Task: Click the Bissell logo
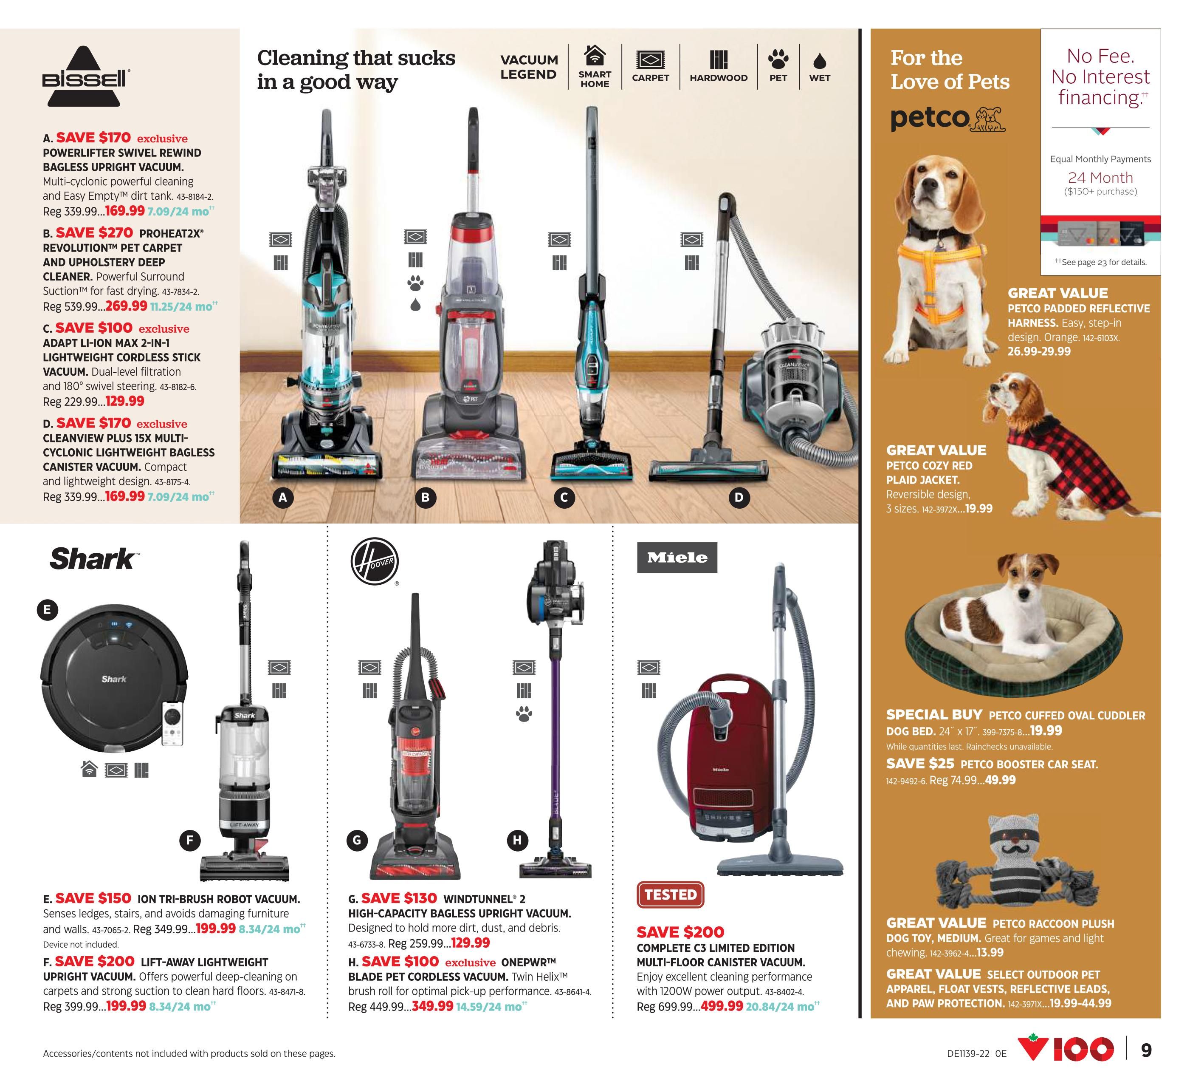click(85, 76)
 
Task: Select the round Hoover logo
click(375, 561)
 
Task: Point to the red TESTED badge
click(670, 895)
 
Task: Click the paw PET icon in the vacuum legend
click(778, 59)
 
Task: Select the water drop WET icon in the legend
click(820, 60)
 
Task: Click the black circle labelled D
click(739, 498)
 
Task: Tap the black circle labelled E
click(47, 610)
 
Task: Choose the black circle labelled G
click(357, 840)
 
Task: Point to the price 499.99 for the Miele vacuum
click(722, 1006)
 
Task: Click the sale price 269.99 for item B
click(126, 306)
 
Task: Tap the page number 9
click(1146, 1050)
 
